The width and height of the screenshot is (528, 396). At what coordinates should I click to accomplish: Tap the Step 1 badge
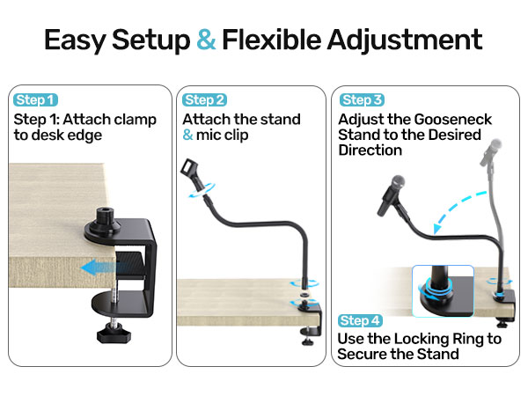[x=36, y=100]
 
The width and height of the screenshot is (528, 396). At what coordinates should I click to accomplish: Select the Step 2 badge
[x=205, y=100]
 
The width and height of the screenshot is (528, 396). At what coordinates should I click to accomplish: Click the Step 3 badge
[x=363, y=100]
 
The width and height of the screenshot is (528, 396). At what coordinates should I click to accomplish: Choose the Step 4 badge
[x=363, y=320]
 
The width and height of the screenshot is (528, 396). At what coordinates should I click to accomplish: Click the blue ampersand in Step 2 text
[x=188, y=136]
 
